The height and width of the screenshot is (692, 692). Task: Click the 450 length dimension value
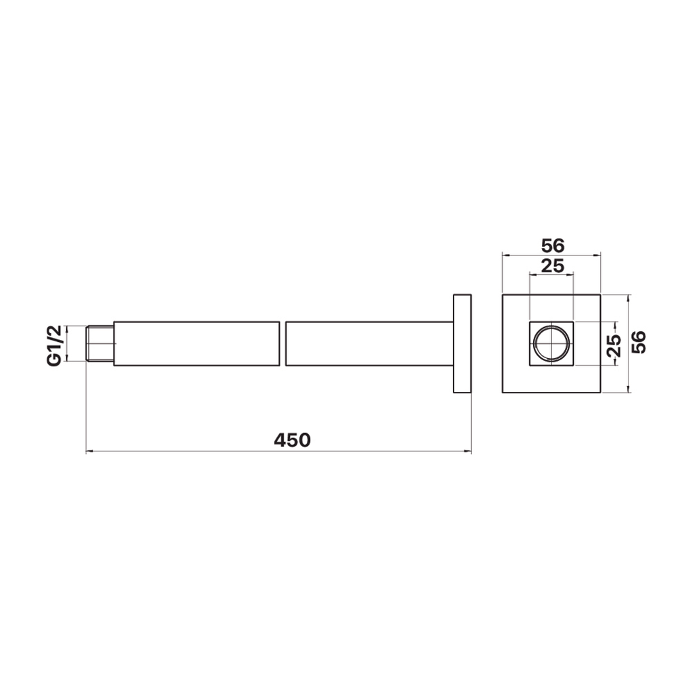292,440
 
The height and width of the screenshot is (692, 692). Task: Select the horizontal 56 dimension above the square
553,245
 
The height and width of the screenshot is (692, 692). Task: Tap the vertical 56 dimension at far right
639,342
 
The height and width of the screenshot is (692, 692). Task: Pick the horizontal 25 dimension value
553,266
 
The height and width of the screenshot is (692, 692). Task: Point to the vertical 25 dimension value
614,346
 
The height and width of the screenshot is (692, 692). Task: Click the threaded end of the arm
100,344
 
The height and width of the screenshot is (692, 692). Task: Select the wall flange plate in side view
462,343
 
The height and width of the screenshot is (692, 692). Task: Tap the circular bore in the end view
551,343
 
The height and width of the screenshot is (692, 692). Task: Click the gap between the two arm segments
282,344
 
